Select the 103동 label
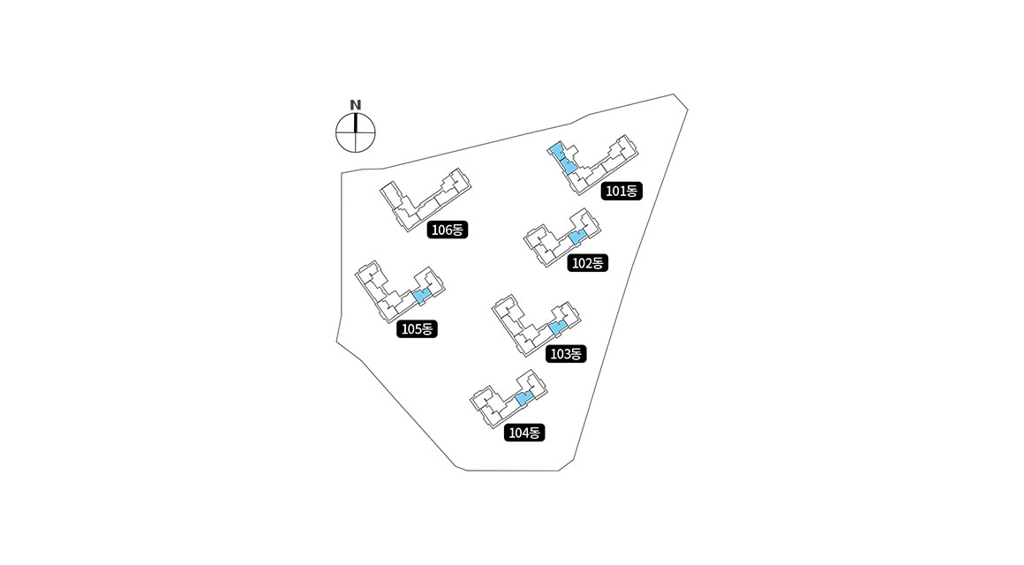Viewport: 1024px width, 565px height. point(565,354)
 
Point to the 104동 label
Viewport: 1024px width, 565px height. point(525,433)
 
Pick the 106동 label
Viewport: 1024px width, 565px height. point(447,230)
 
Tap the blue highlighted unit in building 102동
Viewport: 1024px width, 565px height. point(576,237)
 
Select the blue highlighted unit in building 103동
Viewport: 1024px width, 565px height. point(556,328)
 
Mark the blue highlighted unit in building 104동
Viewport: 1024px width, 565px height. point(523,399)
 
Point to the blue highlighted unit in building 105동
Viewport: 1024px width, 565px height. point(421,296)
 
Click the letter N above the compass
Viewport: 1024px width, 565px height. point(356,105)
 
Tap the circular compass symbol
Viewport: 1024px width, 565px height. point(356,134)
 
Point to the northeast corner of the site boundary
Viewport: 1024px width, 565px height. point(674,94)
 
